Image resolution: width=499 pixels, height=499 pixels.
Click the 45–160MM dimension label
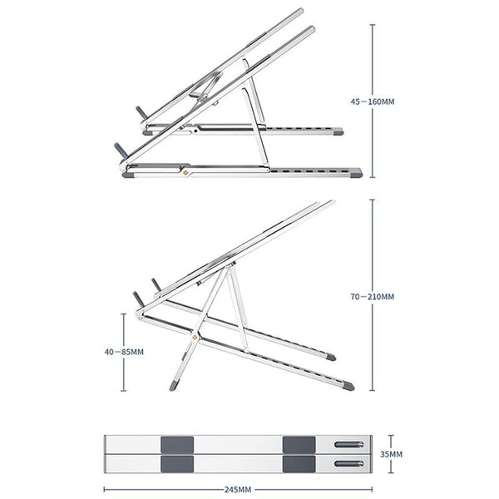373,102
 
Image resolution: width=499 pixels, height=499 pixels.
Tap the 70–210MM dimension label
373,296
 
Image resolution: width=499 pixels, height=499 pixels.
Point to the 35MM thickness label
392,455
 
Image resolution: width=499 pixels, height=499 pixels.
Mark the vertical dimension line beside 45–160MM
373,50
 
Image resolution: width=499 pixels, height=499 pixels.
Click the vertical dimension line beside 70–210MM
373,241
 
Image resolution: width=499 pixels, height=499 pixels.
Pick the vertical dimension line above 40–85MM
125,329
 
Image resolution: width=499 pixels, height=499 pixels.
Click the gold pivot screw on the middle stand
196,337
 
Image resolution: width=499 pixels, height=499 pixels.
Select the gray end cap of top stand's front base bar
355,174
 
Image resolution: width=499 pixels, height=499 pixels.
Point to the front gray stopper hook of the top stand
121,150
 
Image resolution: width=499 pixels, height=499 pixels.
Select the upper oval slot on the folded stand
348,445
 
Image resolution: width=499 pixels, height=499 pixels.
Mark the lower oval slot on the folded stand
348,464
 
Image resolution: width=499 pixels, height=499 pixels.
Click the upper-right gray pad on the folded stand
296,443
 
